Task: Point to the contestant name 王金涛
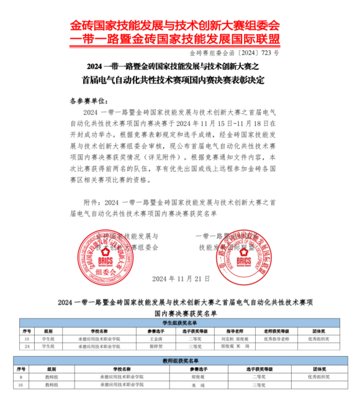(156, 339)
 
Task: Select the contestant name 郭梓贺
(156, 347)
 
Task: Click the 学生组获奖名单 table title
(180, 323)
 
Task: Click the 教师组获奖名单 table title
(180, 360)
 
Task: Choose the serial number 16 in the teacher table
(22, 385)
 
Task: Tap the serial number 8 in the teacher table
(22, 376)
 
